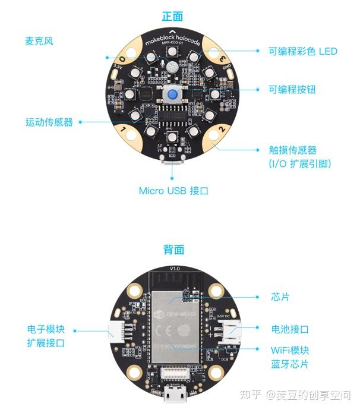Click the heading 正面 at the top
coord(172,16)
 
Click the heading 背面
coord(173,250)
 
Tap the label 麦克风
coord(39,42)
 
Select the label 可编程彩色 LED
coord(302,51)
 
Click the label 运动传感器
coord(49,122)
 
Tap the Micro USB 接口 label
coord(173,191)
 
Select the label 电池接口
coord(290,329)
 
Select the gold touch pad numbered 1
coord(123,129)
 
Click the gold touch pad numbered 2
coord(222,129)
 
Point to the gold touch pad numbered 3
coord(223,59)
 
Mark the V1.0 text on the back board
coord(174,269)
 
